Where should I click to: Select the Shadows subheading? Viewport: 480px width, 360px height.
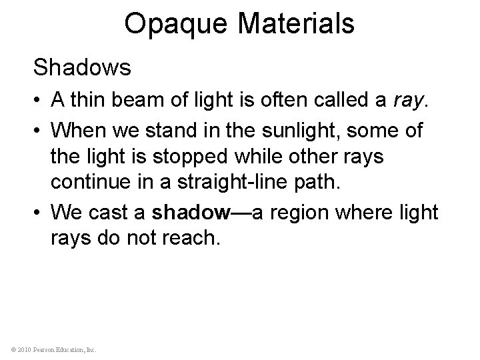83,68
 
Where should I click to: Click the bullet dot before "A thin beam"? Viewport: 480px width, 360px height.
39,102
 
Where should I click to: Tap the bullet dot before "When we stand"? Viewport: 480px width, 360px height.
39,130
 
